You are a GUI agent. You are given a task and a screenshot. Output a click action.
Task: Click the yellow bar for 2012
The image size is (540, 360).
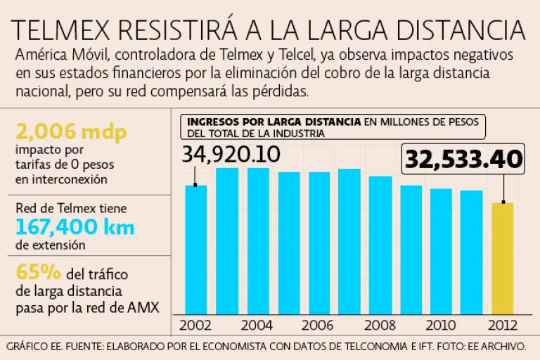(x=502, y=257)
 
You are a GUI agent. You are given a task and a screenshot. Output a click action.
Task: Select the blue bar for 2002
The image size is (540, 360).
(x=196, y=249)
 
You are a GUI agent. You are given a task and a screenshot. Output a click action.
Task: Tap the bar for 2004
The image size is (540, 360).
(x=257, y=240)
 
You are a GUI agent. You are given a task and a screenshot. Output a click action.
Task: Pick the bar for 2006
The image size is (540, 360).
(x=319, y=243)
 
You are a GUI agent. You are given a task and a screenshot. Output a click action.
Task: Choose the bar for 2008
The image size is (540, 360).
(x=380, y=245)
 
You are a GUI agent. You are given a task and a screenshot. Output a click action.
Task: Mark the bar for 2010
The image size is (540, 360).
(x=441, y=251)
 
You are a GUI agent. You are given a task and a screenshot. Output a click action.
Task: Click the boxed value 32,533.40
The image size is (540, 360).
(x=463, y=160)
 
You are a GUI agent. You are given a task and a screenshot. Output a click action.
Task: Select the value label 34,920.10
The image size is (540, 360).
(x=231, y=154)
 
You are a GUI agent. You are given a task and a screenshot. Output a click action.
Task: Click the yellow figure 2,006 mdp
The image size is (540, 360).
(x=59, y=131)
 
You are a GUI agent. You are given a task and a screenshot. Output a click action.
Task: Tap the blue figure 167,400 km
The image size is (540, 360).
(x=74, y=227)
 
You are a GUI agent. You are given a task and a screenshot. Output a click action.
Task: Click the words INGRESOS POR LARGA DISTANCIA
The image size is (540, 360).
(x=274, y=122)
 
